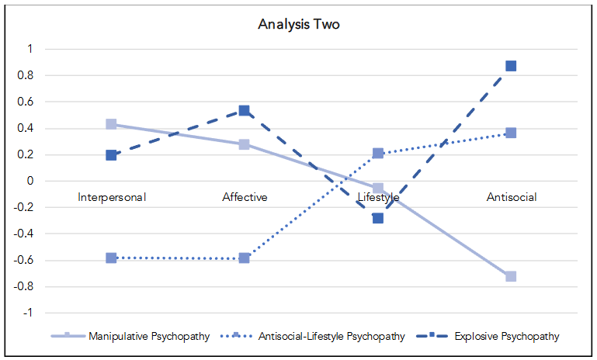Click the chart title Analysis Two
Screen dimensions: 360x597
299,24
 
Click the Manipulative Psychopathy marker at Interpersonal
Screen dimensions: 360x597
112,124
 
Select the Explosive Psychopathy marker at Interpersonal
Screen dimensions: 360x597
112,155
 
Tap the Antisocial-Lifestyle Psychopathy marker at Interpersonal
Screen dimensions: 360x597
112,258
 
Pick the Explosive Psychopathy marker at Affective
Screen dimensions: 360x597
245,111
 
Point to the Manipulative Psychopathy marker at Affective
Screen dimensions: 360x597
245,144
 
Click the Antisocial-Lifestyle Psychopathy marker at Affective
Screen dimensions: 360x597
245,258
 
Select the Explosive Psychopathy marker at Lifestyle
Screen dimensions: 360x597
378,218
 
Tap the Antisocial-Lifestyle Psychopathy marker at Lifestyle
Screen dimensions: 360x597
378,154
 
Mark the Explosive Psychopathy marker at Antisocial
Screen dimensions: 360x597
511,66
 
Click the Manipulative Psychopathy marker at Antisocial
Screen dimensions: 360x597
511,276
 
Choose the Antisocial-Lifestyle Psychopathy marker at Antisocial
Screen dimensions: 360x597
511,133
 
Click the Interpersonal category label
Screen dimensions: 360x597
112,197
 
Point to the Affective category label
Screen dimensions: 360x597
245,197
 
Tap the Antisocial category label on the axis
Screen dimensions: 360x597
511,197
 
